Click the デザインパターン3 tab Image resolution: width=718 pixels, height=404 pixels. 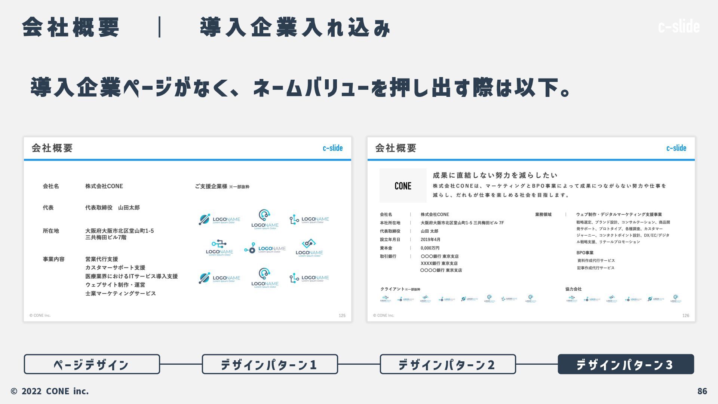(x=626, y=364)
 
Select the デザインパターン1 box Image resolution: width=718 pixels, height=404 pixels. (x=270, y=364)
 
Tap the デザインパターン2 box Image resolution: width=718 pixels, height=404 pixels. (x=448, y=364)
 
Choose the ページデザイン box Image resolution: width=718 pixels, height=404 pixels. (x=92, y=364)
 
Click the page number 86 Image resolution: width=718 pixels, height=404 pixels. (x=702, y=391)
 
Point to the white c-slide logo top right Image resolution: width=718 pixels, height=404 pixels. (x=679, y=27)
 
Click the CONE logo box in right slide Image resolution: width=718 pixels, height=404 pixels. (x=403, y=186)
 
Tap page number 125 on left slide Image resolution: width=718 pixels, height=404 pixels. (x=342, y=316)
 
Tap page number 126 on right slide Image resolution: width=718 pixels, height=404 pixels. (x=685, y=316)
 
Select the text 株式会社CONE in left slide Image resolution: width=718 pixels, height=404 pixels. (x=104, y=186)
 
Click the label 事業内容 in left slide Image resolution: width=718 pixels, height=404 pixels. (x=53, y=259)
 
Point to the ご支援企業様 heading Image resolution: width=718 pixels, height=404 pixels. (x=211, y=186)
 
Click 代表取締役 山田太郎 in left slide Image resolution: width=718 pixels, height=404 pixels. (x=112, y=208)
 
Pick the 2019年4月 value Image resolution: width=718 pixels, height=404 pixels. (x=430, y=240)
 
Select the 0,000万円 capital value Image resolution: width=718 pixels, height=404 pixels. (x=430, y=248)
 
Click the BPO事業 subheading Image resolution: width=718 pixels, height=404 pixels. (x=585, y=253)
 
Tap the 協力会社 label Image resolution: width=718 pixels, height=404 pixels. (x=573, y=289)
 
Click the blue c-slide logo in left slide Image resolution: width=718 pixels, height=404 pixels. (x=332, y=148)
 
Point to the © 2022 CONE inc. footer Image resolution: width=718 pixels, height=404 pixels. (x=50, y=391)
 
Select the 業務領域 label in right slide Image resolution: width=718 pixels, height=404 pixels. (x=543, y=215)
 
